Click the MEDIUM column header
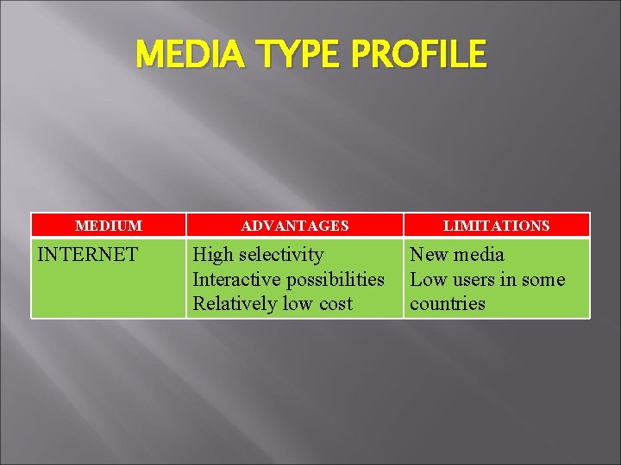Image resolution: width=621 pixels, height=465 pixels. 109,226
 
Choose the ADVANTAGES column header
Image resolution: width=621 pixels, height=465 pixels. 295,226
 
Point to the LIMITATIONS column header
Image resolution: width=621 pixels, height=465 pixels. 496,226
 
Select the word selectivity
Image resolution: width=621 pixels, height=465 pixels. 282,255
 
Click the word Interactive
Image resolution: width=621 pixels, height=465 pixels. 235,279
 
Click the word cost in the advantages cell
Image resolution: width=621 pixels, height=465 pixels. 335,303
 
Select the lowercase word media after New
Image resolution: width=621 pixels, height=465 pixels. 480,255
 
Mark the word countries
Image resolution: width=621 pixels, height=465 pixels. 448,303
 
